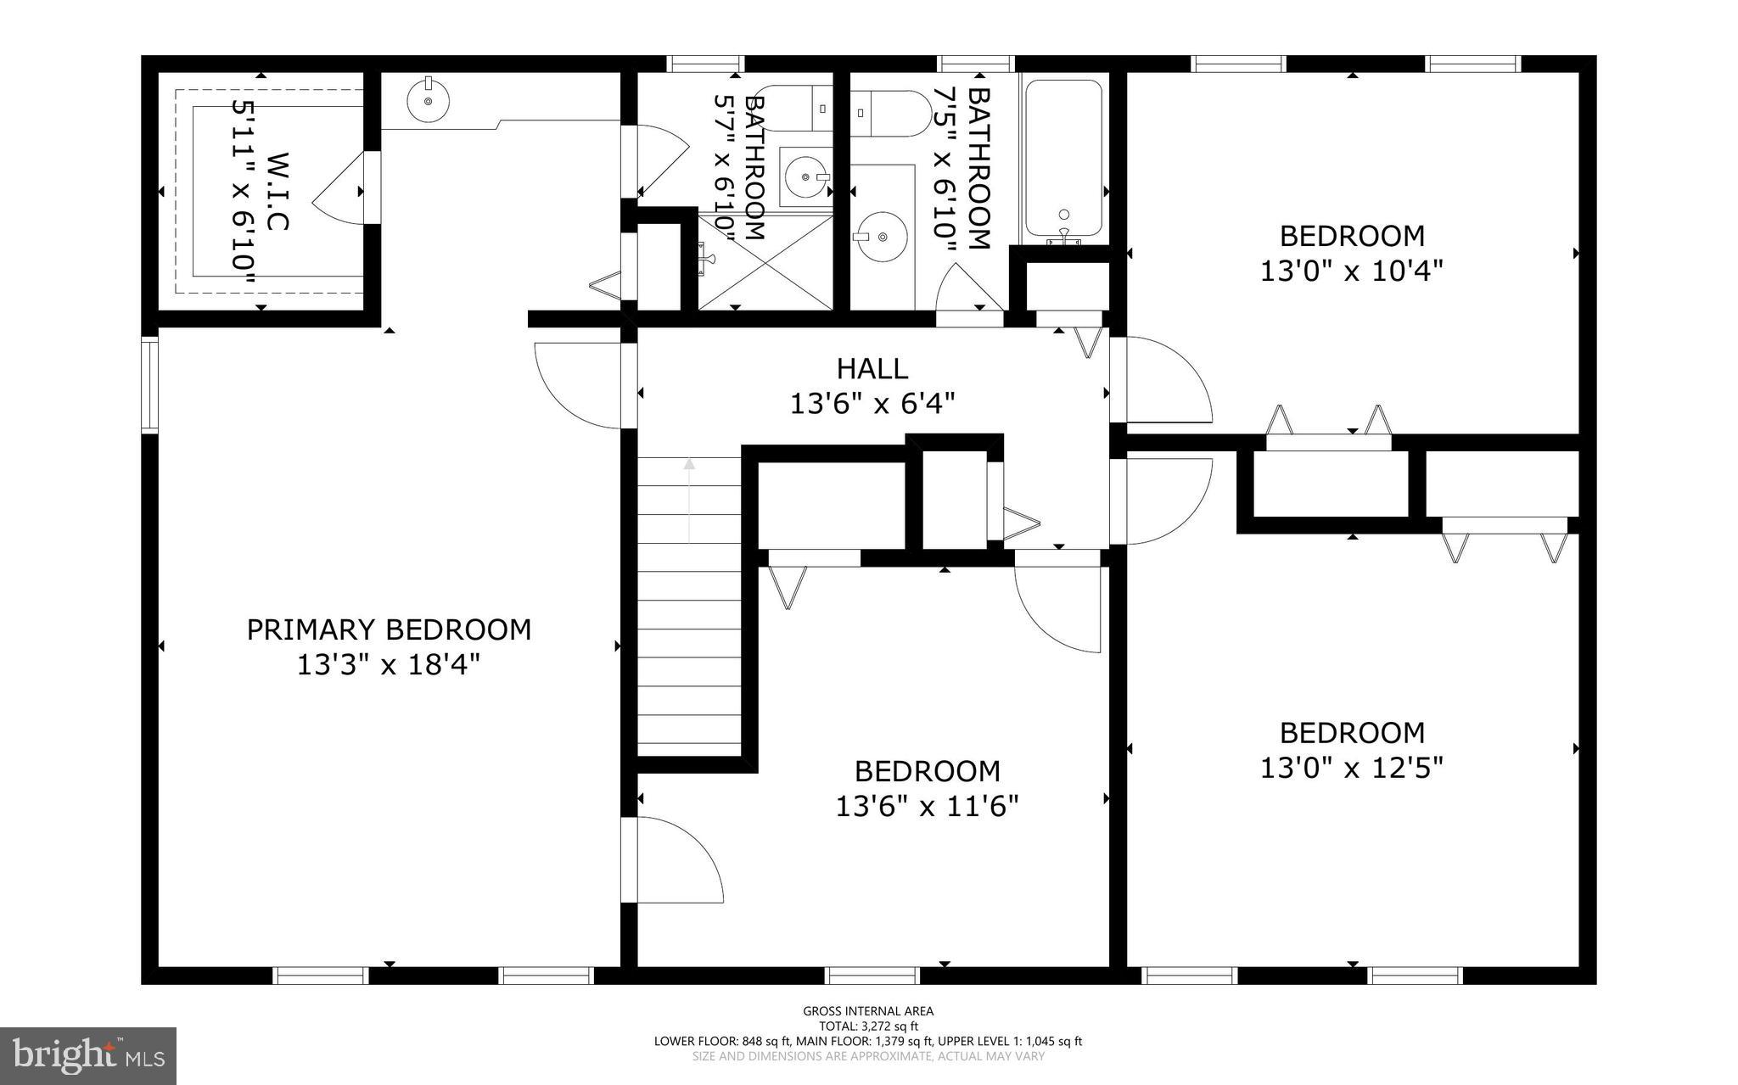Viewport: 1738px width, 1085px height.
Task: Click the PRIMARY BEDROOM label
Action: pos(389,629)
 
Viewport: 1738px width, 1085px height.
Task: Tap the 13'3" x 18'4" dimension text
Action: pos(389,664)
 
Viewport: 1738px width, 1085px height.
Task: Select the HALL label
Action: pos(872,368)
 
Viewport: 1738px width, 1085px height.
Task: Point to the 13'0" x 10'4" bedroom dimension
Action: pos(1351,271)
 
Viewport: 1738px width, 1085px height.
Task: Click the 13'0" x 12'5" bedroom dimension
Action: pos(1351,768)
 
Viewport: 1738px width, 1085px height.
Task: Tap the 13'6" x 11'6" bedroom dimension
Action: pos(927,806)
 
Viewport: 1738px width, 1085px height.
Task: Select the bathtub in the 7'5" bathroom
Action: pos(1063,159)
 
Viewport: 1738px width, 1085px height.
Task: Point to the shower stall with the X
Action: pos(765,261)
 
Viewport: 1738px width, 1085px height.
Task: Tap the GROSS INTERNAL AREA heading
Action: pos(868,1010)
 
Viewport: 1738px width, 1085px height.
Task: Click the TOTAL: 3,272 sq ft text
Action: pos(868,1026)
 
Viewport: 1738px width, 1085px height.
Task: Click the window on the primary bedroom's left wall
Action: pos(149,384)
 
